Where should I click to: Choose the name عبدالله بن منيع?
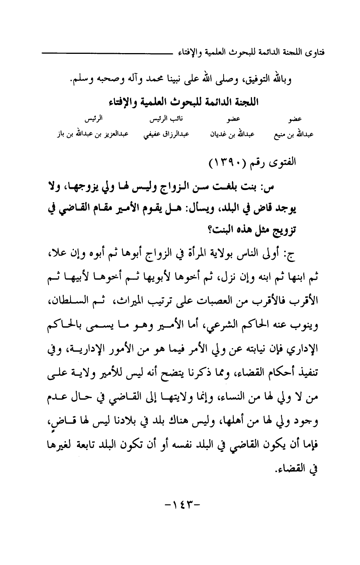point(293,134)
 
